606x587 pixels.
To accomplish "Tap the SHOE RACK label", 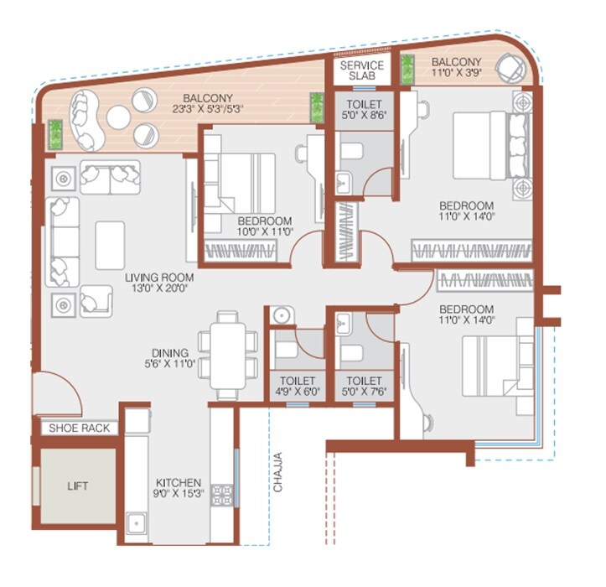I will tap(79, 428).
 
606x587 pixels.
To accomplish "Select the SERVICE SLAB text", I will tap(361, 70).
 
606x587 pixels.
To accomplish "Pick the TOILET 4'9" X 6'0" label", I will tap(297, 386).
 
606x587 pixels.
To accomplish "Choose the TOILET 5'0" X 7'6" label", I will tap(363, 386).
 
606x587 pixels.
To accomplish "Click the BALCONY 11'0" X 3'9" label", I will tap(457, 68).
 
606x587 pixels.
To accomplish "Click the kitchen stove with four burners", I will tap(223, 495).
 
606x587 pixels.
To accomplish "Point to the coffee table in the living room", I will tap(110, 245).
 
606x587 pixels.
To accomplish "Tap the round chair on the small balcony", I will tap(510, 70).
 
